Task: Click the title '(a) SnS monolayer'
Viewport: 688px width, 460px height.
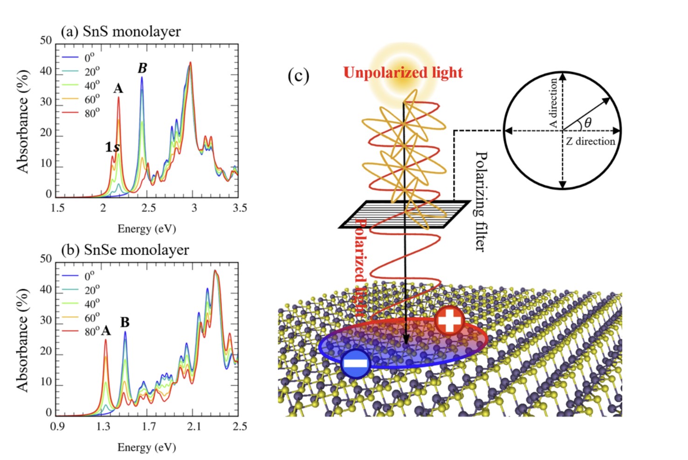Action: (x=120, y=32)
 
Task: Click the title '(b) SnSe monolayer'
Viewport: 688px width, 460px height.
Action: (x=125, y=250)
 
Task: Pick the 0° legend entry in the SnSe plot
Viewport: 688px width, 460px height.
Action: (x=89, y=276)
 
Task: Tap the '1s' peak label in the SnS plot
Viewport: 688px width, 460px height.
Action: (x=112, y=147)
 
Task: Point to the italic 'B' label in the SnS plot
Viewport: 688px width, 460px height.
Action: (x=142, y=69)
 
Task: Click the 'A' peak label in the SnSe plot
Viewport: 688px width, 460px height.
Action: (x=106, y=331)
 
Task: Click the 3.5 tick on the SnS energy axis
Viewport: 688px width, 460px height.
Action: (x=240, y=208)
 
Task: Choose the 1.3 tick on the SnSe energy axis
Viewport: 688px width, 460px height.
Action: (x=103, y=426)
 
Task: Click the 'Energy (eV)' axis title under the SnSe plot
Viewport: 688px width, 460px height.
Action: (x=146, y=447)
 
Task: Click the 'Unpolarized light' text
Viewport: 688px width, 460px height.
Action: (x=403, y=73)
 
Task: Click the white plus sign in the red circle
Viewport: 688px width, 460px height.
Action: (x=449, y=321)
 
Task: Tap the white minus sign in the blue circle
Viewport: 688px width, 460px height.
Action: (x=356, y=363)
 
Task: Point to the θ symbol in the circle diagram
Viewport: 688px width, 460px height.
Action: (x=588, y=123)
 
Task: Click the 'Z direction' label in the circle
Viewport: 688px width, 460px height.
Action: (x=590, y=141)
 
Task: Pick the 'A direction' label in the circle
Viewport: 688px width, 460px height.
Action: (x=553, y=103)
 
